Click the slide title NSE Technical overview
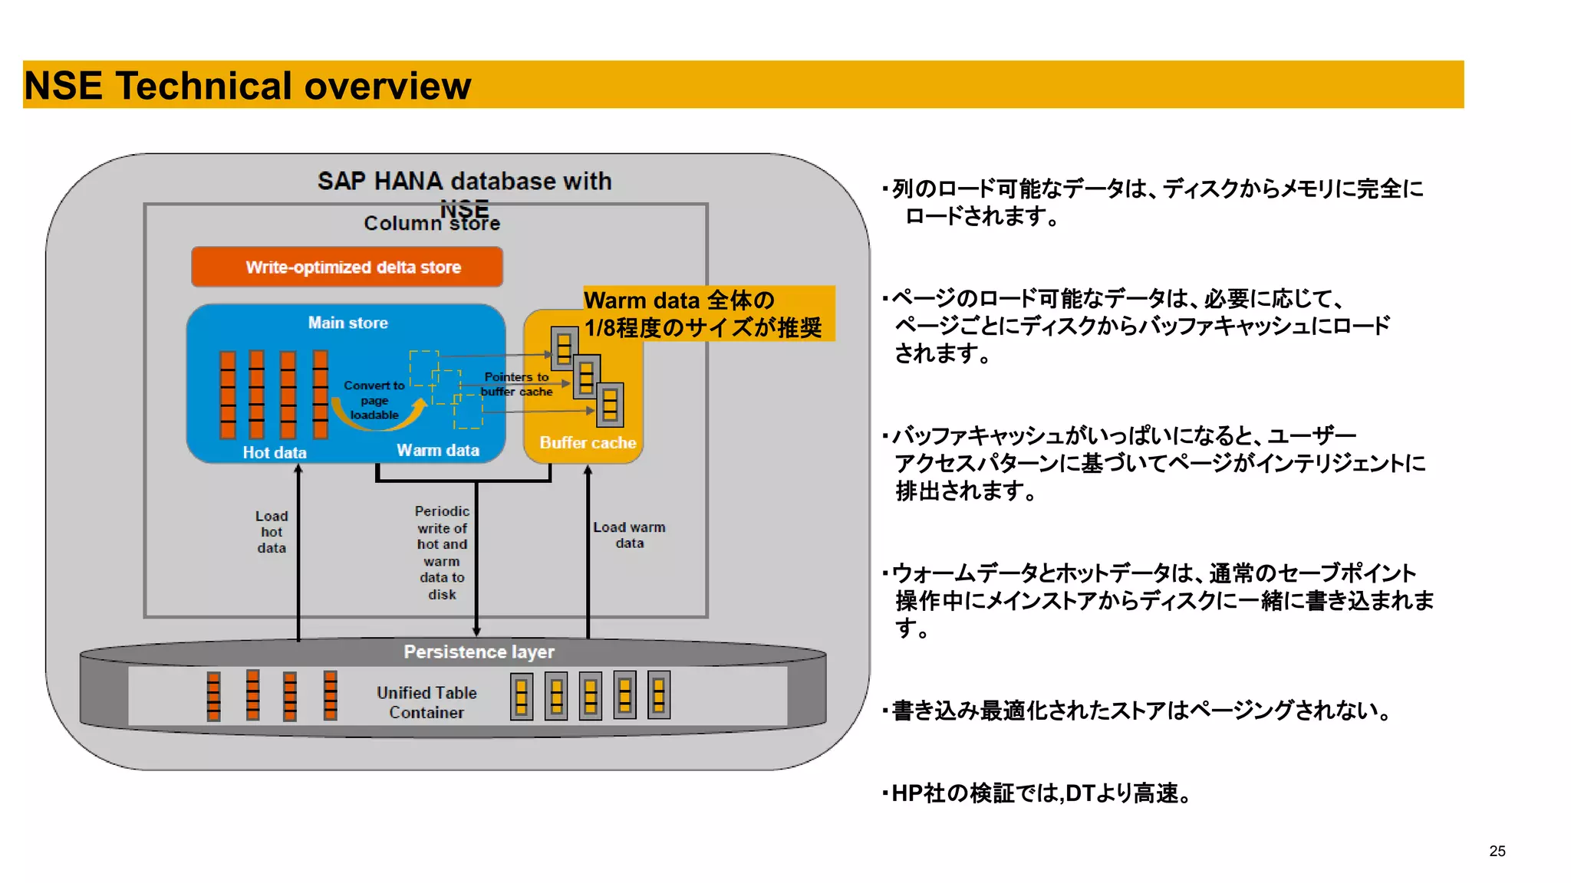247,85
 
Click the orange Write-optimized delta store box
347,267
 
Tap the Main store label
347,323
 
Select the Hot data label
274,452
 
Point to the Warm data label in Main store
437,450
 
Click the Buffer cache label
587,442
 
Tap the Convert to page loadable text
374,400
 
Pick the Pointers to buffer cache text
516,384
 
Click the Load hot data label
272,532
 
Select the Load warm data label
628,535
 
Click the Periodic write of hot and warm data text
442,552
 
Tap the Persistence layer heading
479,652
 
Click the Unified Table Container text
427,702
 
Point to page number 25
1497,851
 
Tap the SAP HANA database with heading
464,181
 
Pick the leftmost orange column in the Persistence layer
213,696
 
